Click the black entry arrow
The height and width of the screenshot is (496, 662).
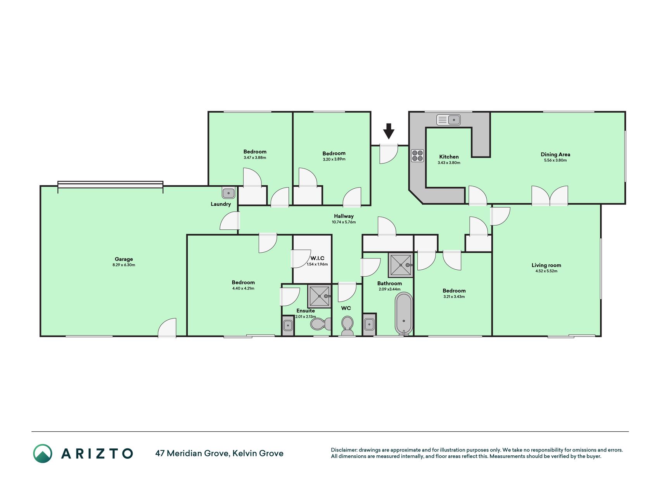click(389, 131)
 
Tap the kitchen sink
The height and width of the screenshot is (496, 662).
click(448, 120)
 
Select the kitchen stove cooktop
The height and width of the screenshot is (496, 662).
click(418, 156)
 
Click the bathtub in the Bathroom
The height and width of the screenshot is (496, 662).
click(404, 313)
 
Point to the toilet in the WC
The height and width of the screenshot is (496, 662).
click(347, 325)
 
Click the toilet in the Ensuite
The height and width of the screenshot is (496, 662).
click(321, 324)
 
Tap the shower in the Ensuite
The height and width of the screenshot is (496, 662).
click(319, 296)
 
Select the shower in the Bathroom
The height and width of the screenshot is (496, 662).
click(401, 265)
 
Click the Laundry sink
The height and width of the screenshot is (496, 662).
click(228, 193)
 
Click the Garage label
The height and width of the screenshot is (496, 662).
click(124, 259)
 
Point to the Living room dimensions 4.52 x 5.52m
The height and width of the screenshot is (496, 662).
click(546, 271)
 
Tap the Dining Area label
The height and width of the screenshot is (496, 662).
click(555, 154)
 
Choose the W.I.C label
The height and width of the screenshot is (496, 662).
click(317, 258)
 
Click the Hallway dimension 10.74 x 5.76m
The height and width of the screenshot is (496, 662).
click(344, 222)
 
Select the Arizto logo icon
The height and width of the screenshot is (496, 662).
click(43, 453)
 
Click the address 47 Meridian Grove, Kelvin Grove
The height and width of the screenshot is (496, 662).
click(219, 453)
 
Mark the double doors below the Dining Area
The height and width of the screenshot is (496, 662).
click(550, 196)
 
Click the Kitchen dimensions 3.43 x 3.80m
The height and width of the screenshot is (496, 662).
click(449, 163)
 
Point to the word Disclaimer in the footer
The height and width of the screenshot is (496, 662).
click(344, 450)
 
